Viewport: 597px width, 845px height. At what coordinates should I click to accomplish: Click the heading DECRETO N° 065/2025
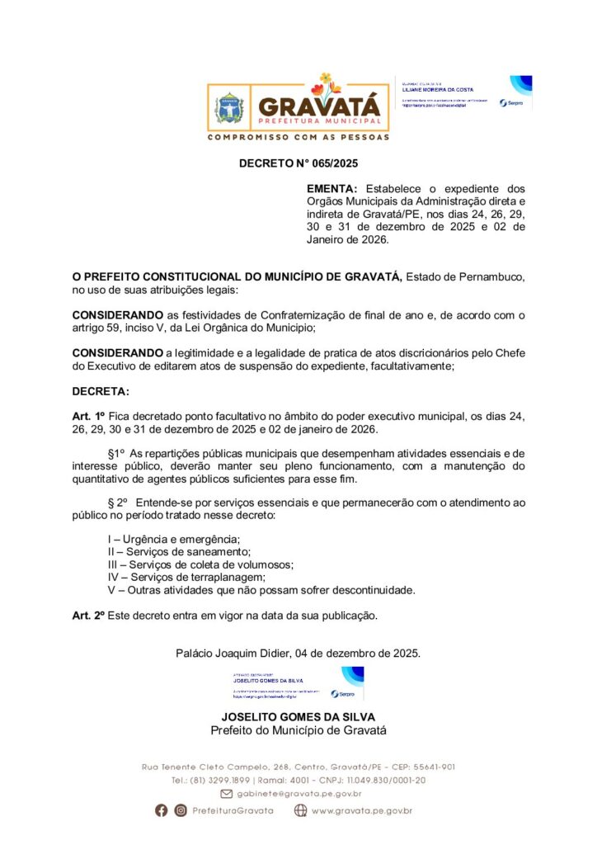click(x=298, y=163)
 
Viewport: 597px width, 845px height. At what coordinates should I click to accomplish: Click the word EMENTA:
click(x=331, y=189)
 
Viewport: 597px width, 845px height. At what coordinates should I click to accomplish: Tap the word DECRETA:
click(x=101, y=391)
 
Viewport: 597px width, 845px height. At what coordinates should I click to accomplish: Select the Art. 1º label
click(x=88, y=417)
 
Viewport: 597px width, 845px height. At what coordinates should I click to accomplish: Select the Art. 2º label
click(x=88, y=616)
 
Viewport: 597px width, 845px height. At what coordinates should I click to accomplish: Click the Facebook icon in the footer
click(x=162, y=810)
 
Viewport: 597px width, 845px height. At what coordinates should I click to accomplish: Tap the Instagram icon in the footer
click(x=181, y=810)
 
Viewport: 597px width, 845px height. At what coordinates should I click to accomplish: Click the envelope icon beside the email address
click(x=225, y=794)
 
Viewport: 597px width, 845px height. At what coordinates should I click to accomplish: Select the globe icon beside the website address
click(x=301, y=810)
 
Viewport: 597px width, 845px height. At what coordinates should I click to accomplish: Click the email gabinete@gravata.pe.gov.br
click(x=299, y=794)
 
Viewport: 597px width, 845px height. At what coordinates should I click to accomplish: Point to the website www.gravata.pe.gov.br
click(x=362, y=810)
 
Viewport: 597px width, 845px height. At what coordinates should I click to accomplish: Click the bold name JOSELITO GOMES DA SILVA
click(x=298, y=717)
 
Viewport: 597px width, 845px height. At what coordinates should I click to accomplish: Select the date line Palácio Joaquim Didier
click(x=298, y=653)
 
